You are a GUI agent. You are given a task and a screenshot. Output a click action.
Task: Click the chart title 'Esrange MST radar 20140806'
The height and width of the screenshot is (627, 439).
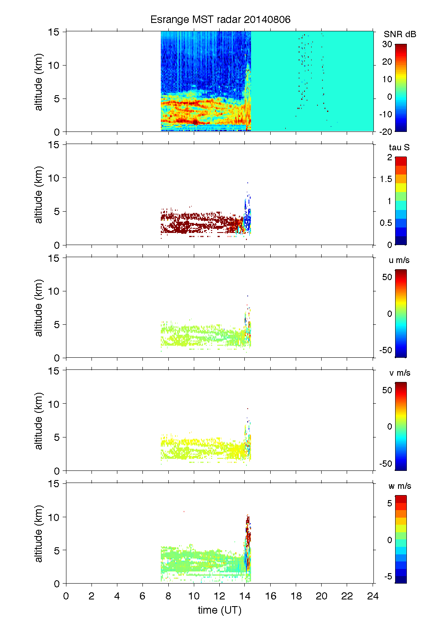220,20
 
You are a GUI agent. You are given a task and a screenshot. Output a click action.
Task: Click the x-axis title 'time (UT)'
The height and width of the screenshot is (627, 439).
219,610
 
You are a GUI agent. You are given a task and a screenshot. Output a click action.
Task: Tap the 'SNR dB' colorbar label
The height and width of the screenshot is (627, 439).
400,34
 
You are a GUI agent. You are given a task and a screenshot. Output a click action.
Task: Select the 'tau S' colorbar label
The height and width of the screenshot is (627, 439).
399,147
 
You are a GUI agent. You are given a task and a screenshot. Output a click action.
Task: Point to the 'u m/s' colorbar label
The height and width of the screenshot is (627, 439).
399,260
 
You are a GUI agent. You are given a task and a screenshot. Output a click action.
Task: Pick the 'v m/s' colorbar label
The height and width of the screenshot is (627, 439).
399,373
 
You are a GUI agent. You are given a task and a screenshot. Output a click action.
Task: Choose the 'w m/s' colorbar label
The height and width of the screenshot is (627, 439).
399,486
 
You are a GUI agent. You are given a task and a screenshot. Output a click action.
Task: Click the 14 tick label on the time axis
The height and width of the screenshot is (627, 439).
245,596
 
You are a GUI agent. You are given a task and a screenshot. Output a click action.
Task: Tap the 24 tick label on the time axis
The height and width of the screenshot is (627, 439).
373,596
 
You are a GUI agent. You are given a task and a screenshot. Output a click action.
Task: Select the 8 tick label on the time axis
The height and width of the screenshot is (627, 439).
168,596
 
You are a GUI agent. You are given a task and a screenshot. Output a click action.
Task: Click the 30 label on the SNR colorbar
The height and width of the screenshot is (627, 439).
387,44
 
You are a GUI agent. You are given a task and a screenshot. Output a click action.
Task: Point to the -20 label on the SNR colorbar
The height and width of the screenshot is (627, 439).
386,131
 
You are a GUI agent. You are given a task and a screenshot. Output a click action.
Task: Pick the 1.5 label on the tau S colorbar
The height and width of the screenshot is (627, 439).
386,179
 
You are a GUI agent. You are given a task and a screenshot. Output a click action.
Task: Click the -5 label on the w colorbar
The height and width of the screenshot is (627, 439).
387,576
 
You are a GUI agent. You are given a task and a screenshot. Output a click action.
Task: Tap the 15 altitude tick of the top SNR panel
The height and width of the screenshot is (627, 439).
54,32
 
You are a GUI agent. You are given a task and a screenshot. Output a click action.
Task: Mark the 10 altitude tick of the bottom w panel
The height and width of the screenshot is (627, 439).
54,517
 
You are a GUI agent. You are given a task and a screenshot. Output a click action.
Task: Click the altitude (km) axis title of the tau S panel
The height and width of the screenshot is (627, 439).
39,195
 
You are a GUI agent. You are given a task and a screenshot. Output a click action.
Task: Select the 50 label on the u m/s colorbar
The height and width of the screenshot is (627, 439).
387,277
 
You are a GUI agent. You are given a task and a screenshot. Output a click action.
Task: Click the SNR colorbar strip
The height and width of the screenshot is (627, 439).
401,88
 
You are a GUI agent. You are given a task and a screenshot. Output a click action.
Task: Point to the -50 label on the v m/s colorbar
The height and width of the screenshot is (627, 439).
386,463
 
